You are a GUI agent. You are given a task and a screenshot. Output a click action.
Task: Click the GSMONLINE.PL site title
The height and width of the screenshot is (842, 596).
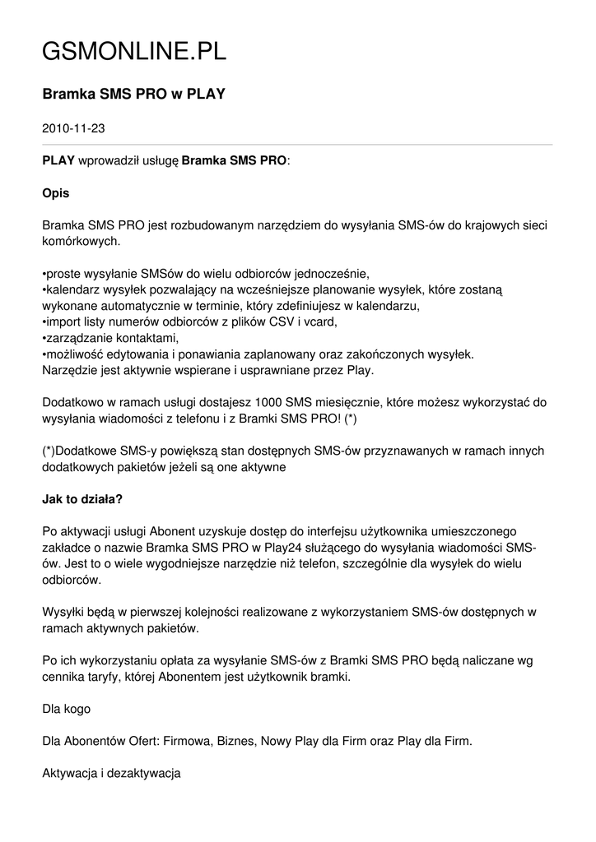click(x=134, y=53)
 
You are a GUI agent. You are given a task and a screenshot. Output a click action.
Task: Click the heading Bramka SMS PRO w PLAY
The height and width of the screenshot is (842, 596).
click(x=133, y=95)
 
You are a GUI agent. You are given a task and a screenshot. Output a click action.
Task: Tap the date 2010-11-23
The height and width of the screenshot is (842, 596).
click(x=73, y=128)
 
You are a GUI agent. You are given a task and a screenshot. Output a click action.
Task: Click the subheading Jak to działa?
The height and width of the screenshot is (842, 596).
click(x=82, y=498)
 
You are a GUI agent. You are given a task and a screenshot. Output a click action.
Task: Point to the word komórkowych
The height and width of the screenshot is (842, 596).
click(x=81, y=241)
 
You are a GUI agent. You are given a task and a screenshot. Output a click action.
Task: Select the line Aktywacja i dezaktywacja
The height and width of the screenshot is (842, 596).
click(x=111, y=773)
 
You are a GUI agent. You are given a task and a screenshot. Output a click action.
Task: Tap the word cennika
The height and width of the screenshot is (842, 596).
click(x=68, y=676)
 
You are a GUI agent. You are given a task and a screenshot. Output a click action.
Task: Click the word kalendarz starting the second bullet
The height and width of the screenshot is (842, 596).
click(x=72, y=289)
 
